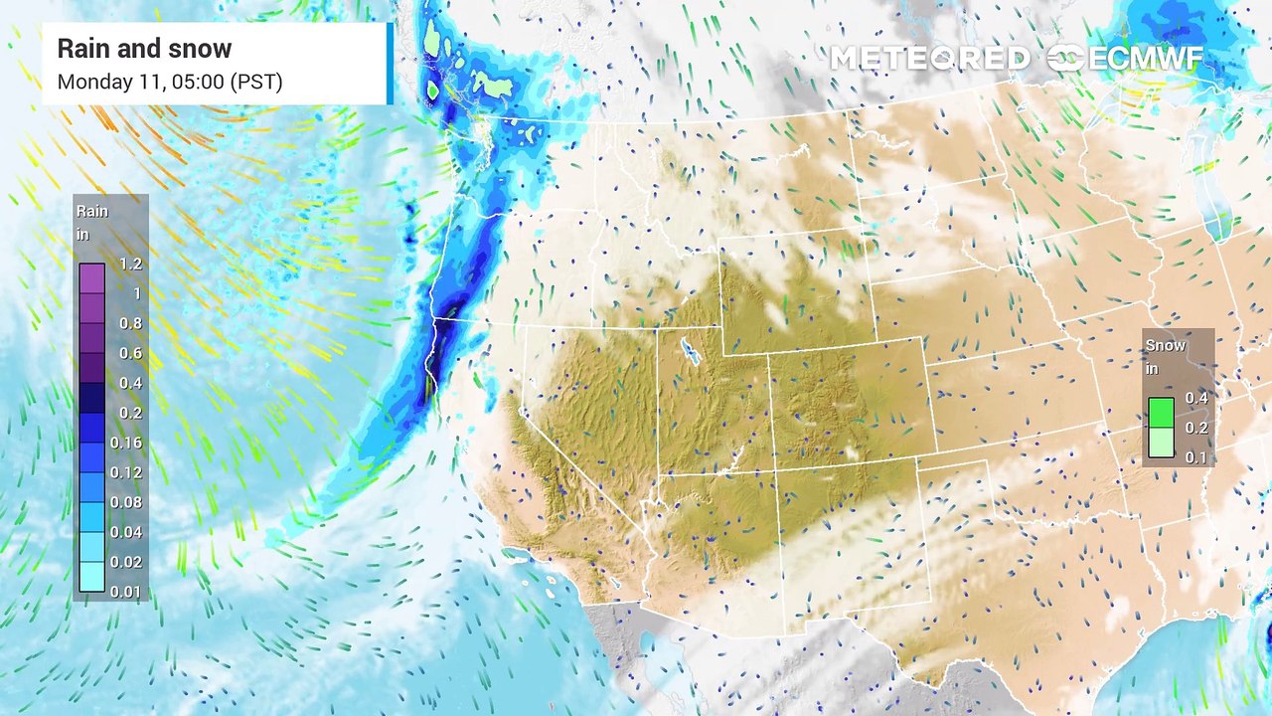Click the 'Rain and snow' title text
144,49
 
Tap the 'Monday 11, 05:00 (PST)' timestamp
170,82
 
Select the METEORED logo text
929,59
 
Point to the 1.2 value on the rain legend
130,264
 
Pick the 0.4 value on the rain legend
130,383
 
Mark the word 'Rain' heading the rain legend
92,211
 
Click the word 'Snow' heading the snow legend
1166,345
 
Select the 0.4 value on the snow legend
1196,398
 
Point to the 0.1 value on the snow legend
1196,456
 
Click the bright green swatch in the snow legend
1161,412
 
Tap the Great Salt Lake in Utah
688,350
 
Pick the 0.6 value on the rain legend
130,353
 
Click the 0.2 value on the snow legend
1196,428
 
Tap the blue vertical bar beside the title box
390,64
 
